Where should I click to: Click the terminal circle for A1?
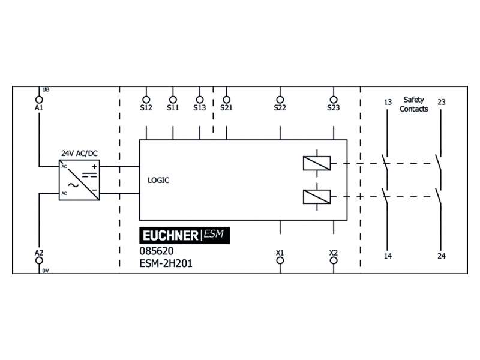[x=39, y=100]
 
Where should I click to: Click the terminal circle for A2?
[x=39, y=260]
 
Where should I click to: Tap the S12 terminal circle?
[x=146, y=100]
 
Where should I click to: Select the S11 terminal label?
[x=173, y=108]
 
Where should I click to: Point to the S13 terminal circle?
[x=200, y=100]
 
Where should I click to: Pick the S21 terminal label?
[x=227, y=108]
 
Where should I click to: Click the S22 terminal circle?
[x=280, y=100]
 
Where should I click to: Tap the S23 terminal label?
[x=334, y=108]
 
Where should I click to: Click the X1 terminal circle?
[x=280, y=260]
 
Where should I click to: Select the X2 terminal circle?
[x=334, y=260]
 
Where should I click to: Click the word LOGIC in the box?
[x=158, y=181]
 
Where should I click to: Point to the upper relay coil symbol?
[x=317, y=163]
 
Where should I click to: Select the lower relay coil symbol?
[x=317, y=197]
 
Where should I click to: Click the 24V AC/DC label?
[x=80, y=154]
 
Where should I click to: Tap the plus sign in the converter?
[x=94, y=167]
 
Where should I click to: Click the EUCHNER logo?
[x=185, y=235]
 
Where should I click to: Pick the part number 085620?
[x=157, y=251]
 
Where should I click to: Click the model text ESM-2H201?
[x=166, y=263]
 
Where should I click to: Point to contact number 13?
[x=388, y=102]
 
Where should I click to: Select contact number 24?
[x=442, y=256]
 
